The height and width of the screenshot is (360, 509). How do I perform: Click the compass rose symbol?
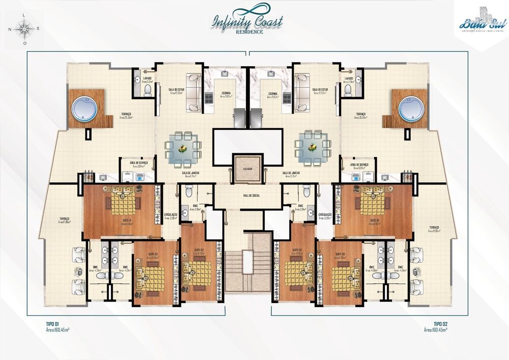pyautogui.click(x=23, y=29)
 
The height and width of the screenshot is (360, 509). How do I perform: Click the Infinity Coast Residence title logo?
pyautogui.click(x=248, y=22)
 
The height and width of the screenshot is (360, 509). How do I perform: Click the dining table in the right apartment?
pyautogui.click(x=313, y=147)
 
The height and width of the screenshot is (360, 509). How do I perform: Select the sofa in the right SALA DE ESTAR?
pyautogui.click(x=302, y=92)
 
